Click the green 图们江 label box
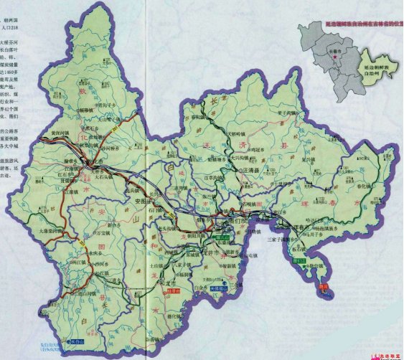tap(299, 261)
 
